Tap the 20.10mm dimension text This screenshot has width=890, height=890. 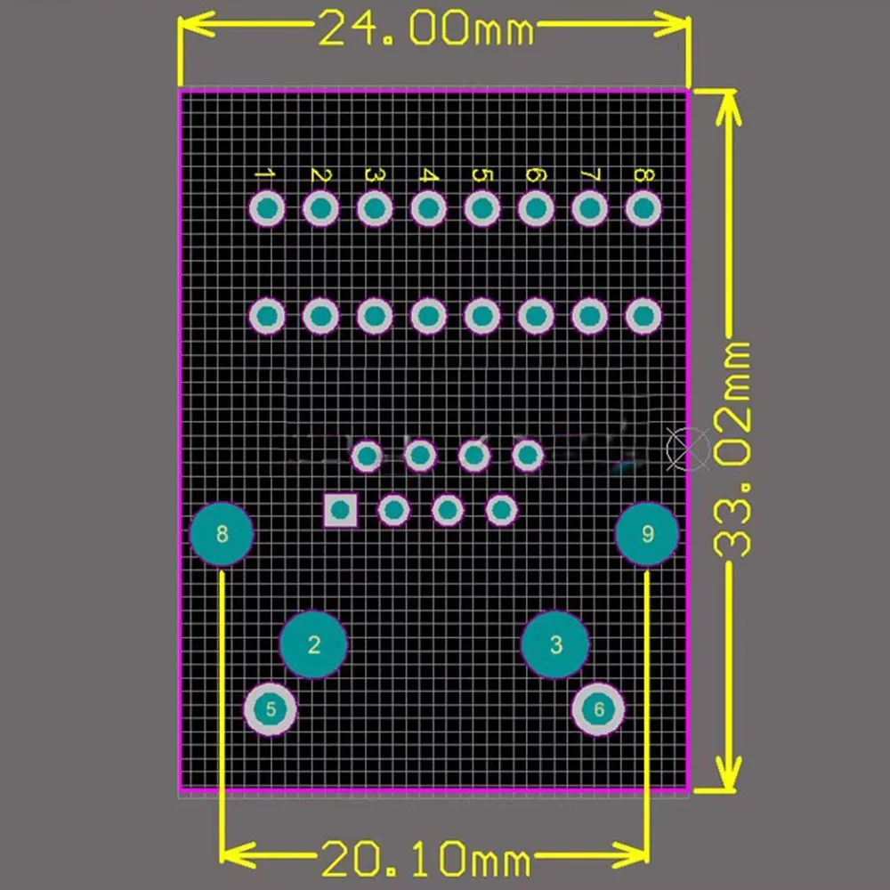click(426, 860)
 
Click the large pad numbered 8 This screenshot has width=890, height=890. click(222, 534)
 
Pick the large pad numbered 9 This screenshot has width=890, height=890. click(648, 534)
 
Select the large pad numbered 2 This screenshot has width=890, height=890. click(313, 644)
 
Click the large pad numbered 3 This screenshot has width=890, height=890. click(555, 644)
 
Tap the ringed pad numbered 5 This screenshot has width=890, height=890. click(271, 709)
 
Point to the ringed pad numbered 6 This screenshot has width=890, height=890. click(598, 709)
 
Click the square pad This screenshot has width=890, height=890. click(340, 510)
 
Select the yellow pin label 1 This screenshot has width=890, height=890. click(265, 174)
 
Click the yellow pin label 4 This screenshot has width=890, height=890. click(428, 174)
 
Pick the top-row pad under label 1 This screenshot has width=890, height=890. click(266, 209)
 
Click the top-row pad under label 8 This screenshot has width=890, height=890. click(643, 209)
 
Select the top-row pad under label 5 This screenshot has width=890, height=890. click(481, 209)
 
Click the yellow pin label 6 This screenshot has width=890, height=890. click(535, 174)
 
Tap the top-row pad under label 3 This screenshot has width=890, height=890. click(374, 209)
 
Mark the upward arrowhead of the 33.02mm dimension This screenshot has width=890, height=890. click(730, 105)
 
